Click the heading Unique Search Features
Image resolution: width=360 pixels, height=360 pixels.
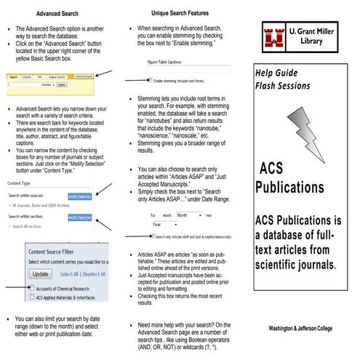(179, 13)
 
